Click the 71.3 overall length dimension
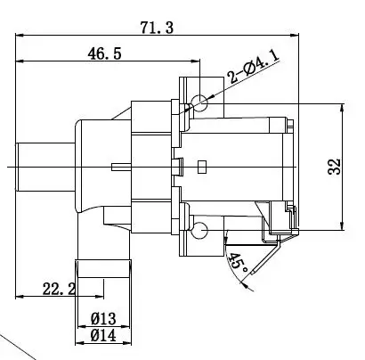pos(157,28)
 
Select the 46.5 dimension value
pos(105,53)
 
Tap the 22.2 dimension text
pos(59,289)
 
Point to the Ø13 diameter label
pos(103,319)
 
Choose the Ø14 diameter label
pos(103,336)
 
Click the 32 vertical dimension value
pos(334,167)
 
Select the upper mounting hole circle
pos(199,103)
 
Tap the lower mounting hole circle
pos(199,231)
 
